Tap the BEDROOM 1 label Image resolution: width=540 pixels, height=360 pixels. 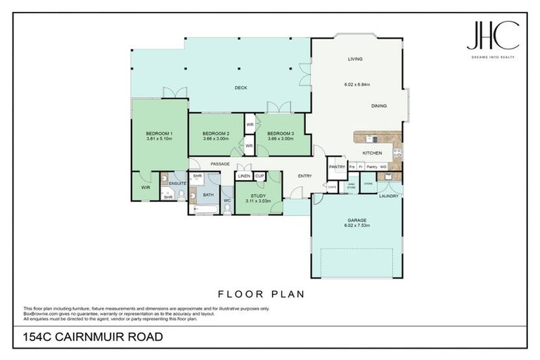(160, 134)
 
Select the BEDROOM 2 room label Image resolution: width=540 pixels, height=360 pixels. (216, 134)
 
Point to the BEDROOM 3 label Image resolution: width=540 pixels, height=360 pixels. (281, 134)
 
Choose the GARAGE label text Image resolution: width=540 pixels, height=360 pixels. (354, 221)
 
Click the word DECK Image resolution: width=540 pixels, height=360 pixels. (240, 88)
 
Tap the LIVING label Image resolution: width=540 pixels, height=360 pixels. (354, 60)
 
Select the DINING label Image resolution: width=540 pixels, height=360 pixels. (379, 105)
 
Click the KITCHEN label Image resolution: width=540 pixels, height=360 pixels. (372, 153)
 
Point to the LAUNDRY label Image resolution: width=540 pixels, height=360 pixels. (389, 196)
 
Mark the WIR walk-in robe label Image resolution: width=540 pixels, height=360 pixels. (146, 188)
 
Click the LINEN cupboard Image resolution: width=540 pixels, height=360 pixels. (244, 176)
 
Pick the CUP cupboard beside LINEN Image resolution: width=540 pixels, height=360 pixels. (259, 176)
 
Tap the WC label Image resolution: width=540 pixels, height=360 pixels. (227, 200)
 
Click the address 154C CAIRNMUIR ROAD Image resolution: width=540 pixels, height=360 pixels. (94, 337)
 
